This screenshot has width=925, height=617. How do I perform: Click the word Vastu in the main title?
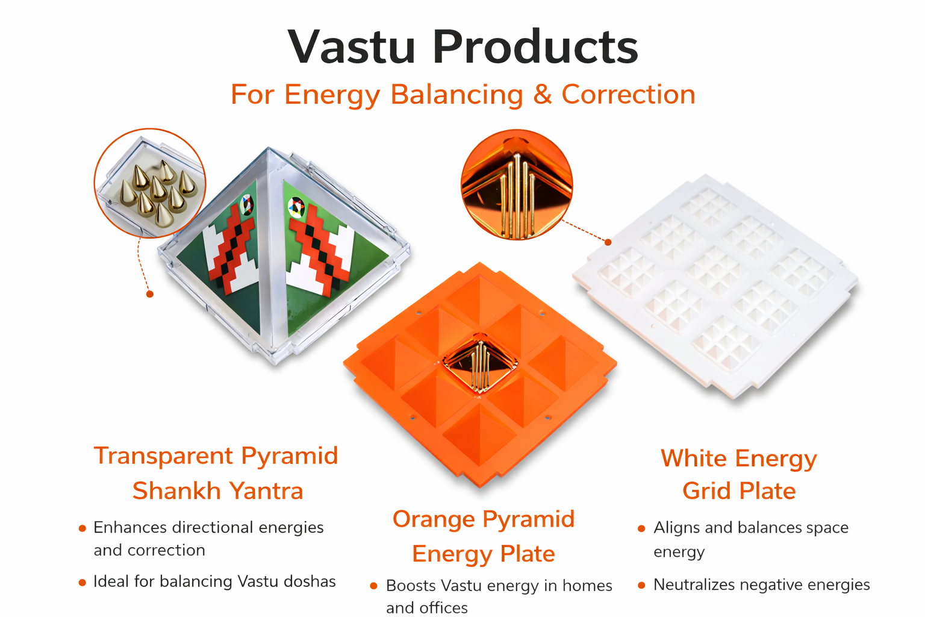coord(351,47)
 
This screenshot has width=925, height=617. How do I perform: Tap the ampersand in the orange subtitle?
coord(542,94)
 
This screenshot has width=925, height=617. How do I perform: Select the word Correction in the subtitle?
coord(629,94)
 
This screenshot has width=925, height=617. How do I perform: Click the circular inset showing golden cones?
coord(150,183)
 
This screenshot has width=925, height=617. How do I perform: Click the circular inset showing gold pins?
coord(517,185)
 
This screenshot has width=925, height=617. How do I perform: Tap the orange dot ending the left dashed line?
coord(150,294)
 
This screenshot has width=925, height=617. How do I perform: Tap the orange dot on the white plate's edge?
coord(608,242)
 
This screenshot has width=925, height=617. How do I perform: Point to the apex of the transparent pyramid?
coord(269,148)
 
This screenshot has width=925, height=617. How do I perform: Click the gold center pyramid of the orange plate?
coord(479,363)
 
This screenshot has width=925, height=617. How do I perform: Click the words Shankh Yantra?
coord(217,490)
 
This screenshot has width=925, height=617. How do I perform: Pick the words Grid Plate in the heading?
coord(739,491)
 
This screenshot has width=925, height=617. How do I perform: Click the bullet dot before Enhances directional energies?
coord(82,528)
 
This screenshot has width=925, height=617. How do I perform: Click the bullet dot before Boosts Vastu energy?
coord(374,586)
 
